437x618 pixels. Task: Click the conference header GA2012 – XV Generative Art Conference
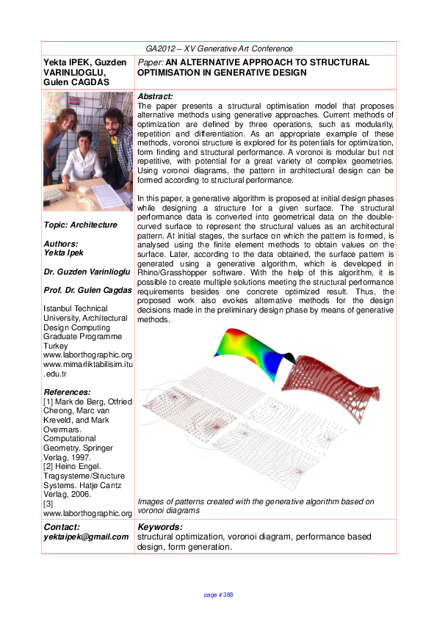(219, 48)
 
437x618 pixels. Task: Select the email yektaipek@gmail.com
(86, 537)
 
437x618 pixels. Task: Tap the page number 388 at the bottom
(218, 595)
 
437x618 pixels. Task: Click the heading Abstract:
(156, 96)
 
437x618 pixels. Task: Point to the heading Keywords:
(159, 527)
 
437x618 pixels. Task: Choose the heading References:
(68, 392)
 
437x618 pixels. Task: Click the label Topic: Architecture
(80, 225)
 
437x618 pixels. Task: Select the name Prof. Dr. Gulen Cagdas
(88, 291)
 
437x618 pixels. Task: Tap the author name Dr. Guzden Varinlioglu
(84, 272)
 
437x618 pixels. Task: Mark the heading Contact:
(63, 527)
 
